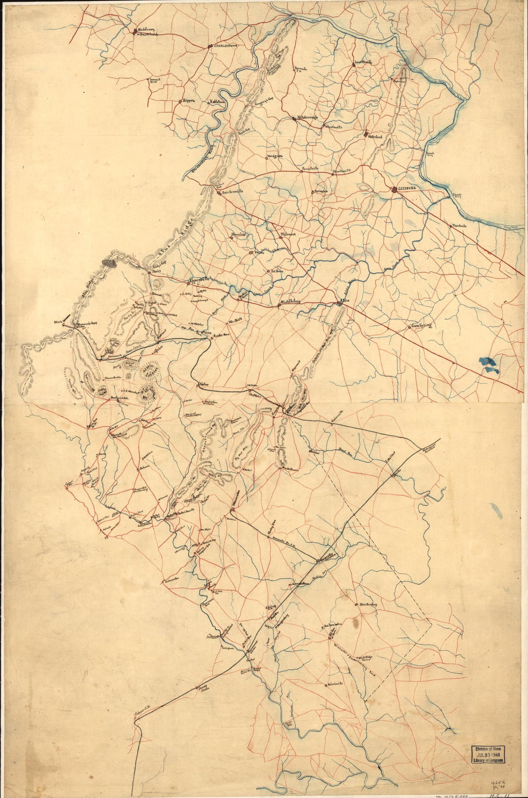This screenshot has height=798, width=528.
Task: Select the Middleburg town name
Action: click(x=290, y=302)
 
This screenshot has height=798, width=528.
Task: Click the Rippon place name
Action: click(x=188, y=101)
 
